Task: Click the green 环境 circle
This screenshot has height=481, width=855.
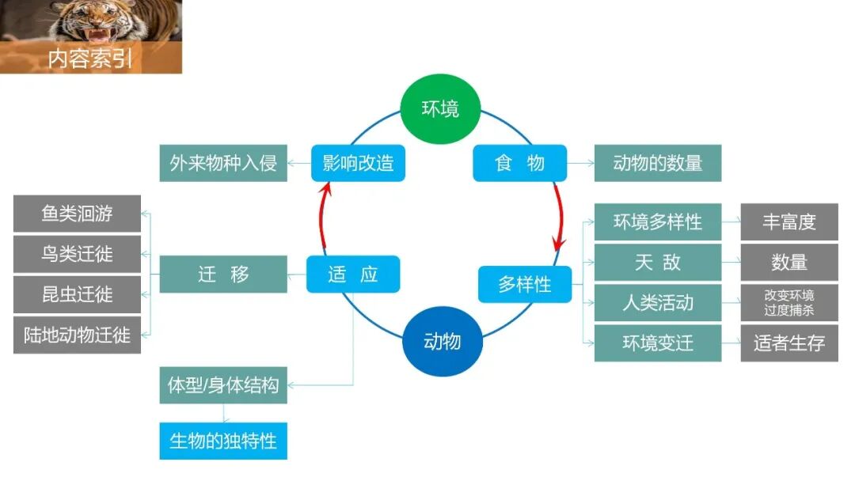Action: tap(440, 108)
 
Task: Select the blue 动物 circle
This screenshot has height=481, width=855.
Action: tap(443, 341)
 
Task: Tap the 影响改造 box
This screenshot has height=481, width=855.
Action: tap(358, 163)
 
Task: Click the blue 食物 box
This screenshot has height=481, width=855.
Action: tap(519, 163)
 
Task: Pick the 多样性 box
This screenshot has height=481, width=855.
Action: tap(524, 284)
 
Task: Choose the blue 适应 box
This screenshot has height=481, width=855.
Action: tap(353, 275)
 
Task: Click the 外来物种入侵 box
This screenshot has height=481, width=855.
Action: tap(223, 163)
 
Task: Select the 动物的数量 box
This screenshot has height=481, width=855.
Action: tap(657, 163)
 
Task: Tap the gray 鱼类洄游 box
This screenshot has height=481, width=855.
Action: tap(77, 214)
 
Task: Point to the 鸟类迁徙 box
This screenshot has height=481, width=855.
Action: tap(77, 254)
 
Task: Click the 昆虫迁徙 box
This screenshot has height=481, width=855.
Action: tap(77, 294)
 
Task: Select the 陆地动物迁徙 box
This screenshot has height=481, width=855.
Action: tap(77, 335)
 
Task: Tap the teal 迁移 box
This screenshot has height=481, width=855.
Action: tap(223, 275)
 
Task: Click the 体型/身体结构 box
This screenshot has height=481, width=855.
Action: tap(223, 385)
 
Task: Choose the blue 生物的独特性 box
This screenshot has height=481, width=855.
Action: tap(223, 441)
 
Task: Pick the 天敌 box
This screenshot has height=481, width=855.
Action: tap(657, 262)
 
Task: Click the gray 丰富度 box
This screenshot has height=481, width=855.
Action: tap(788, 222)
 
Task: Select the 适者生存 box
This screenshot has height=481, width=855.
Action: tap(788, 343)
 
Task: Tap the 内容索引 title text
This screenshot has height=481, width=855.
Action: tap(90, 59)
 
